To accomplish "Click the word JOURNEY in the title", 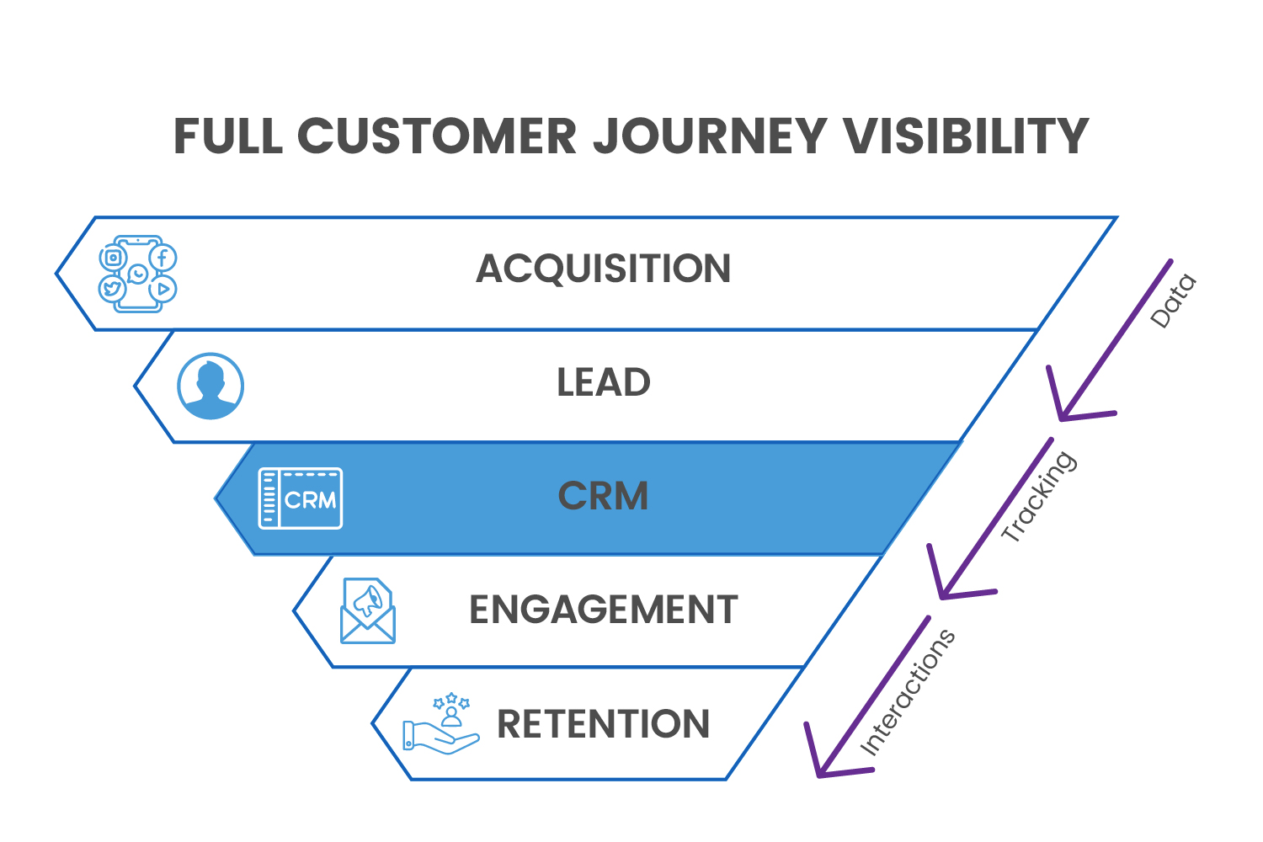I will pos(710,136).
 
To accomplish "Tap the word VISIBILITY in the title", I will pos(966,136).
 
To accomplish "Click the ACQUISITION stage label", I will pos(603,269).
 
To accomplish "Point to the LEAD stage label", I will pos(603,383).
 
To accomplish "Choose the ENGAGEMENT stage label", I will pos(603,610).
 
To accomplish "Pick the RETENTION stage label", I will pos(603,724).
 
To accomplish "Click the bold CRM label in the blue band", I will pos(603,496).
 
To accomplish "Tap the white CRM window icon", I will pos(301,498).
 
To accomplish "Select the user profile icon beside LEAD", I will pos(210,386).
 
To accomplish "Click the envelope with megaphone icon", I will pos(368,611).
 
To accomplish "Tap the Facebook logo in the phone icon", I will pos(163,257).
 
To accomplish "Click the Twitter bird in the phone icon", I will pos(112,290).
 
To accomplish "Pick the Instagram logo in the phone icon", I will pos(113,258).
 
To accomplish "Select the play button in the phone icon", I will pos(163,289).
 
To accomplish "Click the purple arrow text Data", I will pos(1173,301).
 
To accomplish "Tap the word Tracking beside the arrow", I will pos(1038,497).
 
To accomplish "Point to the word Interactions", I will pos(908,692).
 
